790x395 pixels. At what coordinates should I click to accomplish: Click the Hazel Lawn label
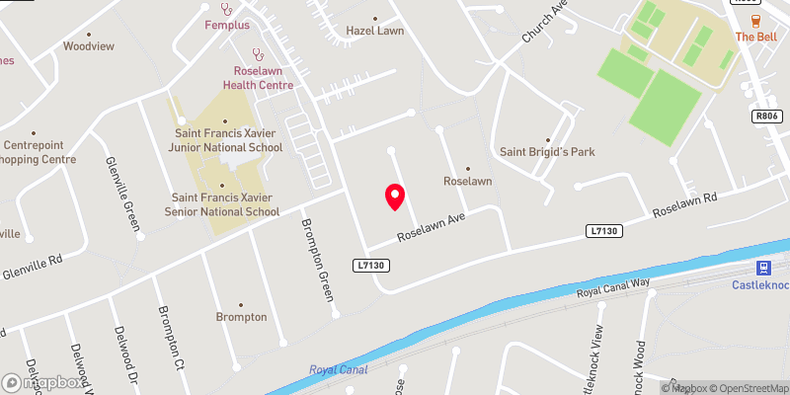tap(375, 32)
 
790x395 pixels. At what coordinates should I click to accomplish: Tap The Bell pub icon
tap(755, 22)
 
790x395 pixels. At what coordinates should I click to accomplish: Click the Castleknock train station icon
tap(763, 268)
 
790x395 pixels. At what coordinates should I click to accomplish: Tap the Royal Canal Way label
tap(613, 288)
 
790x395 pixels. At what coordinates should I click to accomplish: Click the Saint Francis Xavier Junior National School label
tap(228, 140)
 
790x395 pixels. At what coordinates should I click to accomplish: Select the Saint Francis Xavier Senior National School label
tap(226, 203)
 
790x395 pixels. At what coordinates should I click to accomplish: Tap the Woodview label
tap(89, 46)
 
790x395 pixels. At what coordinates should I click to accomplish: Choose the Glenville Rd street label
tap(33, 266)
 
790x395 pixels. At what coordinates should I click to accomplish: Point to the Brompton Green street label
tap(317, 260)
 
